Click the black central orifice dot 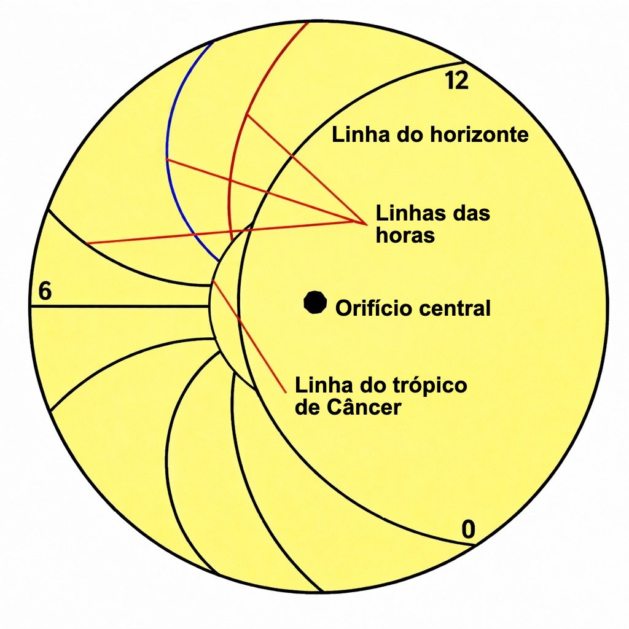(x=315, y=302)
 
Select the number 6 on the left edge (x=45, y=291)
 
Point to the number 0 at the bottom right (x=468, y=529)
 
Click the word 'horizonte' (x=479, y=135)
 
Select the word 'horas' (x=405, y=235)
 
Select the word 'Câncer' (x=364, y=408)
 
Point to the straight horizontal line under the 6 (x=120, y=307)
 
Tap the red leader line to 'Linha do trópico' (x=249, y=336)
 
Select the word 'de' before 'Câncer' (x=308, y=408)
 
